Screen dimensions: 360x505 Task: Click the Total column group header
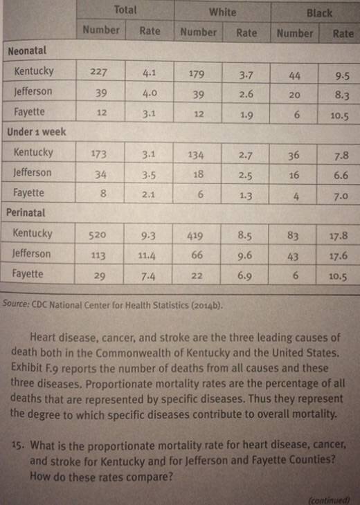[125, 10]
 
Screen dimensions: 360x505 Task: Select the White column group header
[223, 12]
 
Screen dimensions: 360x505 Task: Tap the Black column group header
[319, 13]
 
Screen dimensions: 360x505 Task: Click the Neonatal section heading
[27, 50]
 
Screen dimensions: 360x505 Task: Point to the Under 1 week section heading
[37, 131]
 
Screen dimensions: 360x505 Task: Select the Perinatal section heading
[26, 212]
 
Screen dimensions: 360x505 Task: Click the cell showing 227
[98, 71]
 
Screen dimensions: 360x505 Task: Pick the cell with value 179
[197, 74]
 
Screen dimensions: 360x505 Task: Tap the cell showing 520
[98, 235]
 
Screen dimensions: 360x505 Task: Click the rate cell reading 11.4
[147, 255]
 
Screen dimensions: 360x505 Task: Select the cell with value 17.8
[339, 236]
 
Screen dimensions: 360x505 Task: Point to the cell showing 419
[195, 236]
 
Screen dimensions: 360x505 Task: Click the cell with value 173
[98, 154]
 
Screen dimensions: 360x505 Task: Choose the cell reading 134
[196, 155]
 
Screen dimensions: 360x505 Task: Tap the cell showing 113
[98, 255]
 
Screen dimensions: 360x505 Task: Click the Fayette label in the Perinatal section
[28, 274]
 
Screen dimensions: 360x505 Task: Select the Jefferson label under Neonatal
[33, 91]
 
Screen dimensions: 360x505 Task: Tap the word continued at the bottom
[329, 500]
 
